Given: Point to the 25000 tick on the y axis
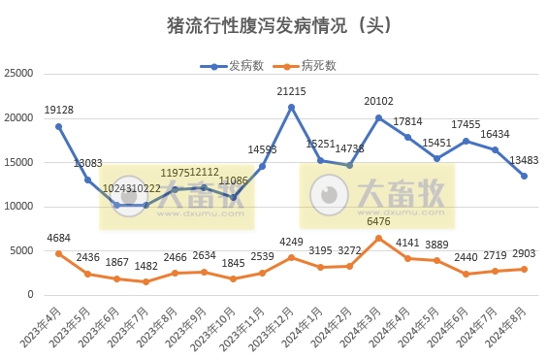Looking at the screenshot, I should pos(19,74).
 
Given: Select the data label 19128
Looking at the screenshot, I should pos(58,111).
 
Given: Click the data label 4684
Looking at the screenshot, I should pos(58,239).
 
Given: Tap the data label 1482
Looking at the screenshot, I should pos(145,267).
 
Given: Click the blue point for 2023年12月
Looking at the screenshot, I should pos(291,107).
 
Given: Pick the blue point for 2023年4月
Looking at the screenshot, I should pos(58,126).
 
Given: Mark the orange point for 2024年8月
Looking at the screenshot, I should pos(524,269).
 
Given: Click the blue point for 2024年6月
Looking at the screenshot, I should pos(466,141).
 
